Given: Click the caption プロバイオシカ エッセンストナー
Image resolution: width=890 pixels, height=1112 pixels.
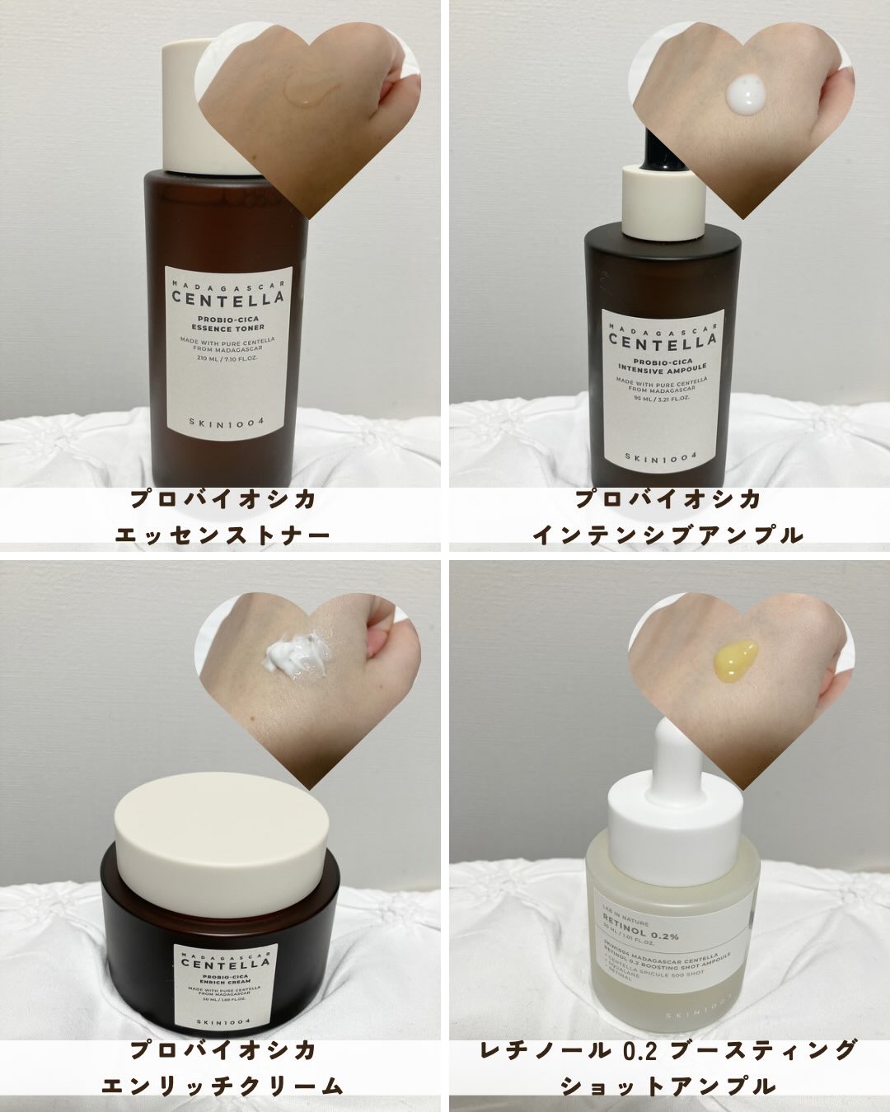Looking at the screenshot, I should point(223,516).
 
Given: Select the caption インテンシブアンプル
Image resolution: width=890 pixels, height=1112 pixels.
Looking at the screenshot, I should point(667,535).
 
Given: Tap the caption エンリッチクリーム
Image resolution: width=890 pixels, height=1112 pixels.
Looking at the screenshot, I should point(222,1086).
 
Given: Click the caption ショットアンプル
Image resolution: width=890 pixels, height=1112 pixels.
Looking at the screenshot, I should point(667,1086).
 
